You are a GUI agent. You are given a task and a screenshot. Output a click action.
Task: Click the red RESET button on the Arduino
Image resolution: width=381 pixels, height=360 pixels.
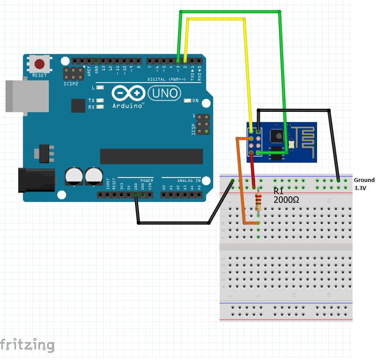tap(40, 63)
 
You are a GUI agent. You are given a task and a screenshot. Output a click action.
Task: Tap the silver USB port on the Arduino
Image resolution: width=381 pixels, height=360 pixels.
tap(27, 96)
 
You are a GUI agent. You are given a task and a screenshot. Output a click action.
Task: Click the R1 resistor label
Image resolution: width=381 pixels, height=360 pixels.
tap(278, 192)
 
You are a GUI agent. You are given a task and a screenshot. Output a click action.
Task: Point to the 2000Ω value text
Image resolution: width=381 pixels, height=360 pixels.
tap(286, 200)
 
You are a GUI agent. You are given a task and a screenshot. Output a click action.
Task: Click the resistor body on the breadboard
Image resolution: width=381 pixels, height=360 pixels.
tap(259, 202)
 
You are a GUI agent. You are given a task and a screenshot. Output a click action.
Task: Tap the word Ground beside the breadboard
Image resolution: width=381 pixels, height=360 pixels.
tap(364, 180)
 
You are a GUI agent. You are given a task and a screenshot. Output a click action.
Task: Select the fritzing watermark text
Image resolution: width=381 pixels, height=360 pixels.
tap(28, 344)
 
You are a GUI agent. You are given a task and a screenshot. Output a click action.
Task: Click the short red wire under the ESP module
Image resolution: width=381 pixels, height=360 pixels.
tap(253, 171)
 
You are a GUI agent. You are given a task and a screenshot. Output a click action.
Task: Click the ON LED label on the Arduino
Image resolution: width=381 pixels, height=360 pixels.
tap(195, 101)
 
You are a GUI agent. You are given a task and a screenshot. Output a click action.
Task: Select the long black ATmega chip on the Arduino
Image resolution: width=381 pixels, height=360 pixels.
tap(151, 156)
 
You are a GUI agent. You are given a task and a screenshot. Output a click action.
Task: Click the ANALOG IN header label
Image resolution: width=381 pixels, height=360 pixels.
tap(189, 181)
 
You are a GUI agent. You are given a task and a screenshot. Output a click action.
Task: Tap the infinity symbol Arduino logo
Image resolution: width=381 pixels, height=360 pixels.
tap(129, 93)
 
